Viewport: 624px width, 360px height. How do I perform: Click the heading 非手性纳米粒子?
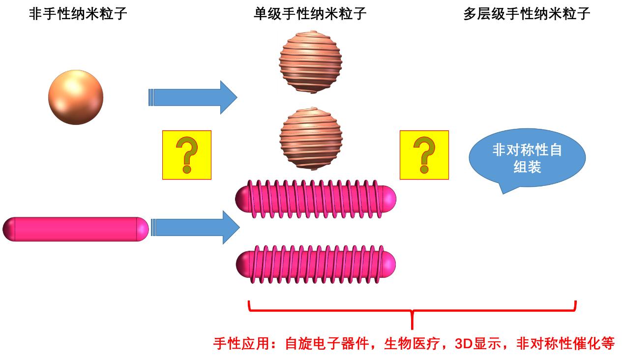coord(78,14)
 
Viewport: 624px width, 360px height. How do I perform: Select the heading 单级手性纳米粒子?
coord(310,14)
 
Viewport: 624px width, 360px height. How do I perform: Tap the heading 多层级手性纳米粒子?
coord(527,14)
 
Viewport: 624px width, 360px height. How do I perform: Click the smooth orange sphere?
coord(76,97)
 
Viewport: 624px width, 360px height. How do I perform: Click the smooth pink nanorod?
coord(76,229)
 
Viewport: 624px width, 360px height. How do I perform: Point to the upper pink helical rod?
coord(316,197)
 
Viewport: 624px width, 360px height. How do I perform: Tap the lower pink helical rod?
coord(316,265)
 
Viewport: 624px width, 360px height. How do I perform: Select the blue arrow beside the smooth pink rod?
coord(195,227)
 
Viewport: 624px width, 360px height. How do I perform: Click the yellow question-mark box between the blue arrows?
coord(187,155)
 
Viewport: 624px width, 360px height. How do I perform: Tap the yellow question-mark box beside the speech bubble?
coord(424,155)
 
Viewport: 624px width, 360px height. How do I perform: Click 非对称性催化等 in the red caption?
coord(565,343)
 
